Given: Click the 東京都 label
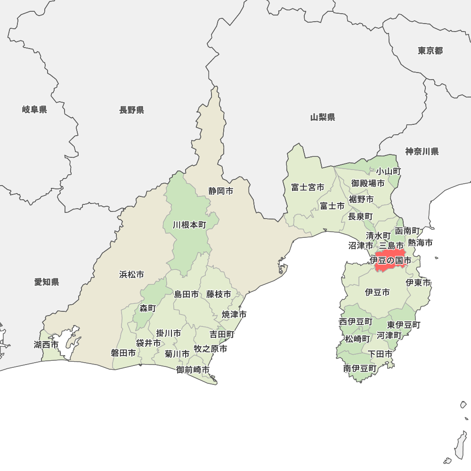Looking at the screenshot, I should pyautogui.click(x=430, y=51).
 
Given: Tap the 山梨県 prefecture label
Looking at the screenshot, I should pyautogui.click(x=323, y=117).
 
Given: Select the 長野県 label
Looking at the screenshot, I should pyautogui.click(x=131, y=110).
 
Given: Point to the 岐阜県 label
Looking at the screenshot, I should pyautogui.click(x=34, y=110).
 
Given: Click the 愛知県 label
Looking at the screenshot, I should pyautogui.click(x=47, y=282).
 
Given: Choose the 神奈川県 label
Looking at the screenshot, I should pyautogui.click(x=422, y=152).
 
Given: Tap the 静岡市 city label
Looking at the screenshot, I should pyautogui.click(x=221, y=191).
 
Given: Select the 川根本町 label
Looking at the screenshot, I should pyautogui.click(x=189, y=225).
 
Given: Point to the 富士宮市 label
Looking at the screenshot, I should pyautogui.click(x=308, y=187).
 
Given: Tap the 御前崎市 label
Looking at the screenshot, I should pyautogui.click(x=193, y=370).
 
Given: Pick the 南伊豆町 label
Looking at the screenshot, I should pyautogui.click(x=360, y=368).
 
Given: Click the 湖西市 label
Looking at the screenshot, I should pyautogui.click(x=46, y=345).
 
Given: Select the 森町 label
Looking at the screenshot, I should pyautogui.click(x=147, y=309).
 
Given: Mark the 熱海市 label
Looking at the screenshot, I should pyautogui.click(x=420, y=243).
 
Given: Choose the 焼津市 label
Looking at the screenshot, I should pyautogui.click(x=235, y=314).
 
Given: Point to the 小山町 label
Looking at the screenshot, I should pyautogui.click(x=389, y=171).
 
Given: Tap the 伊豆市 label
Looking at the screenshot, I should pyautogui.click(x=377, y=292).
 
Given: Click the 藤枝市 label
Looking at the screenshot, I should pyautogui.click(x=219, y=294).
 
